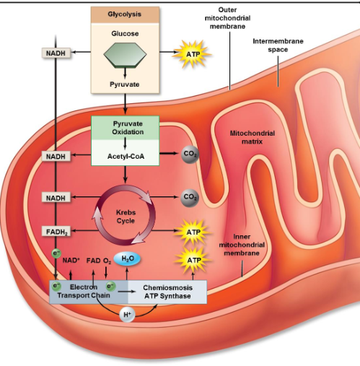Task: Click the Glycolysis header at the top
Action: point(125,14)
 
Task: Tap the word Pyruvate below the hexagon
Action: point(125,84)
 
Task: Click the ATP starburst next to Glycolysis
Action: point(193,54)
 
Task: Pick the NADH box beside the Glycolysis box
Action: point(55,54)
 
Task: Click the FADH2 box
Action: point(56,232)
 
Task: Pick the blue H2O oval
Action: point(127,258)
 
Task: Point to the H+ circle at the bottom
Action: point(128,314)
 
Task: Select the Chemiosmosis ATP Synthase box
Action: point(167,292)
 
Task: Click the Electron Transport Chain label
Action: point(82,292)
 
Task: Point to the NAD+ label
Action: point(71,260)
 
